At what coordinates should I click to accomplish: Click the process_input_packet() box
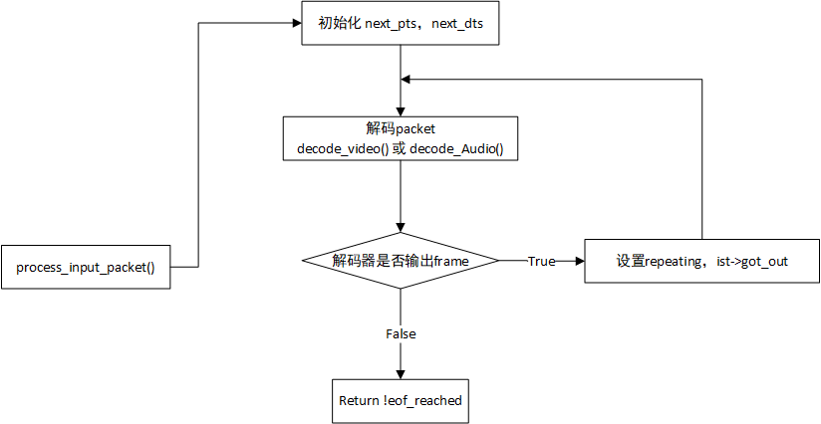click(x=86, y=267)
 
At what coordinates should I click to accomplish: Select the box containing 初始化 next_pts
click(x=400, y=23)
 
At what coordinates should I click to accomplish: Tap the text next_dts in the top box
click(x=457, y=24)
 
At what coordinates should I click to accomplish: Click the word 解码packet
click(x=401, y=129)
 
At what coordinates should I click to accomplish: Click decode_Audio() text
click(x=456, y=149)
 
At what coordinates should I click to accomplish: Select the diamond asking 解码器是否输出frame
click(x=401, y=261)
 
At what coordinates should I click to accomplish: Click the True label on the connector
click(x=541, y=261)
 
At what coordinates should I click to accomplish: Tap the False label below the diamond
click(x=401, y=333)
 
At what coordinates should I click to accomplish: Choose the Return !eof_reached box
click(x=401, y=401)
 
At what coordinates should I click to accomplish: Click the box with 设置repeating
click(x=702, y=261)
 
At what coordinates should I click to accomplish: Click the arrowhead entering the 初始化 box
click(x=297, y=23)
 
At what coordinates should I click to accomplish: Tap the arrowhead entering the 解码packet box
click(x=401, y=111)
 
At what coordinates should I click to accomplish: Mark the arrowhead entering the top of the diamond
click(x=401, y=228)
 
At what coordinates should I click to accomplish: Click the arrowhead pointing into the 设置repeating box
click(x=580, y=261)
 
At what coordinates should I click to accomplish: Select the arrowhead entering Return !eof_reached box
click(x=401, y=374)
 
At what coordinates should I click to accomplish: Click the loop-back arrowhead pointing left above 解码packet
click(x=406, y=79)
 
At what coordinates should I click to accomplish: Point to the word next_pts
click(x=394, y=24)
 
